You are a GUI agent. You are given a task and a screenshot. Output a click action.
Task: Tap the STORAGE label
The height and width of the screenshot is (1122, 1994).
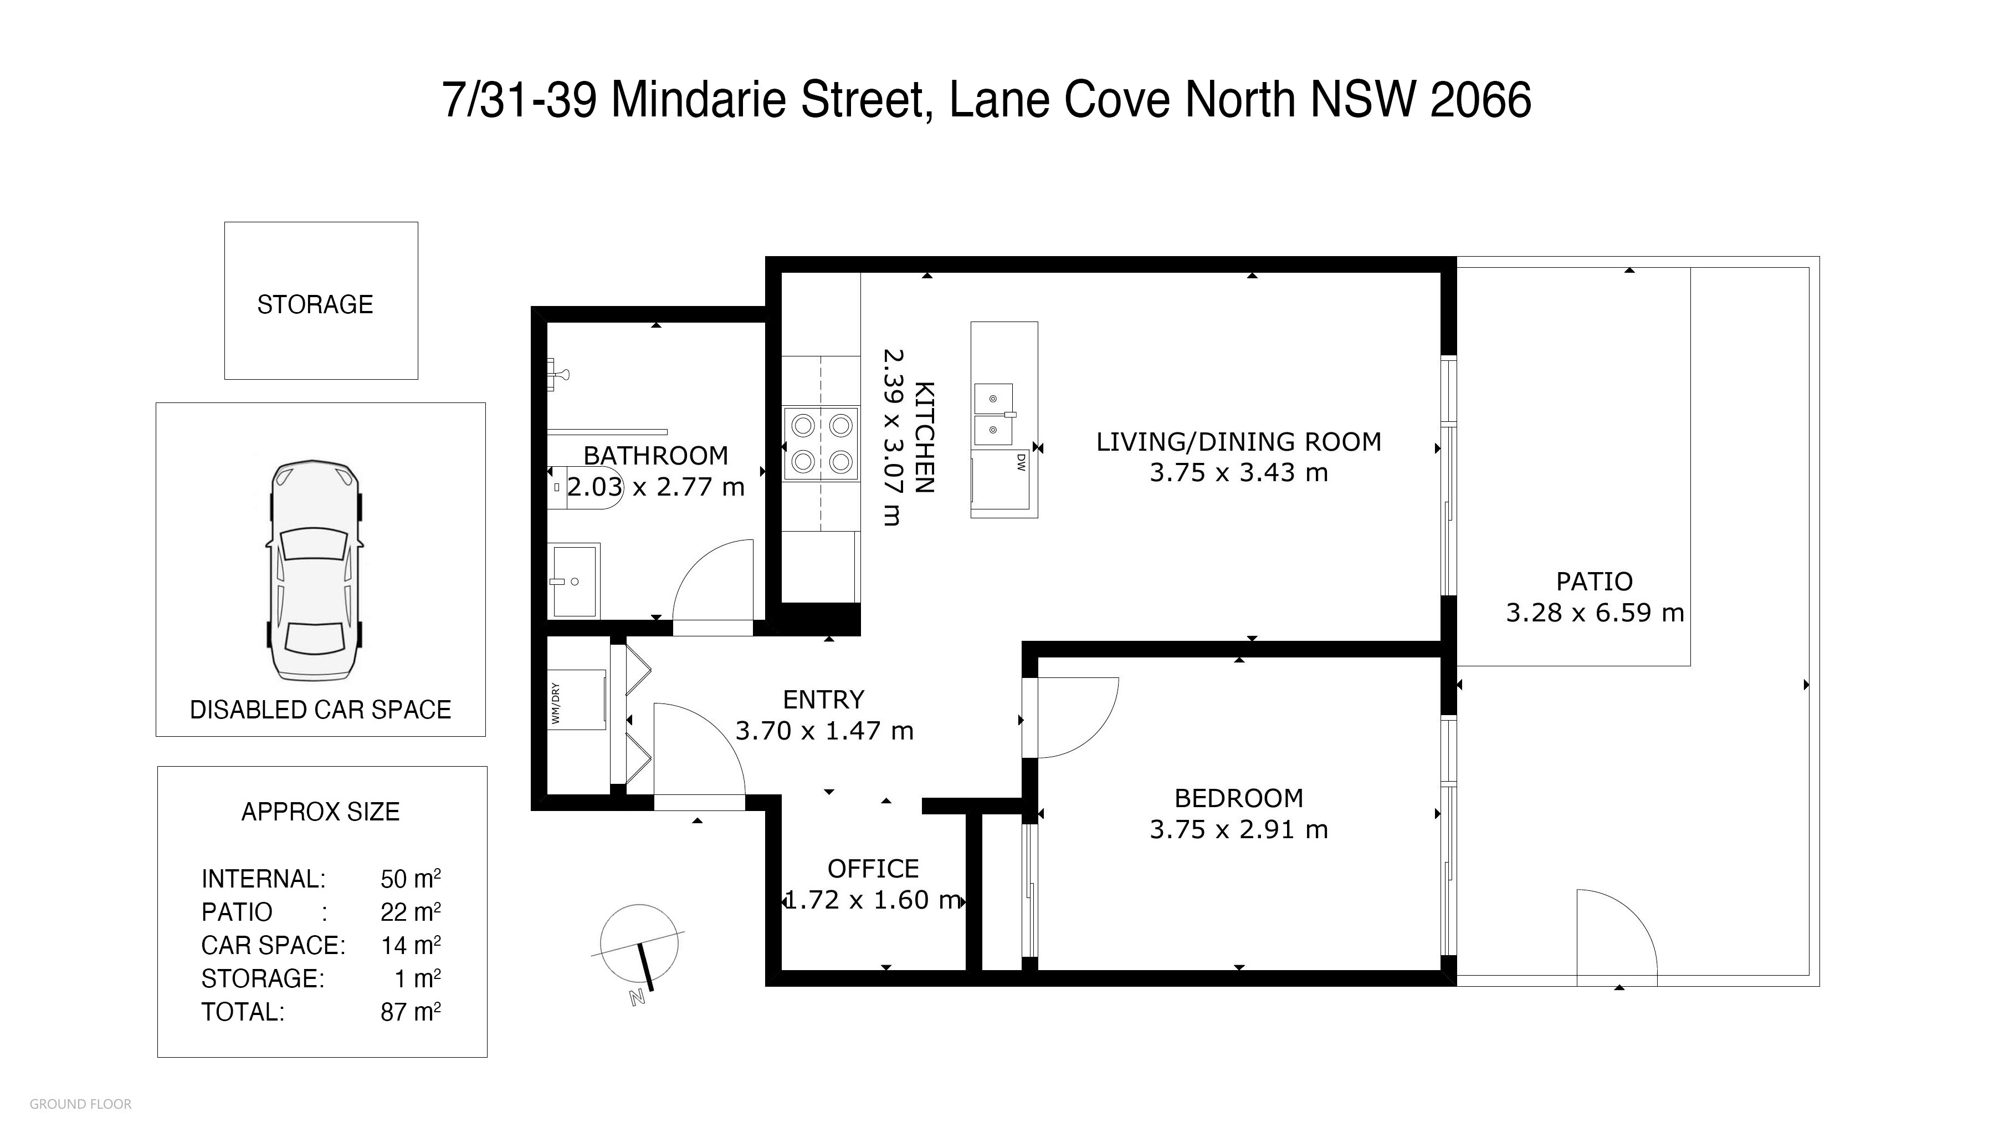click(315, 304)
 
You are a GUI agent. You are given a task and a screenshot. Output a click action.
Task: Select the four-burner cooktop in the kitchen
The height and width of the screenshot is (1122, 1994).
click(821, 443)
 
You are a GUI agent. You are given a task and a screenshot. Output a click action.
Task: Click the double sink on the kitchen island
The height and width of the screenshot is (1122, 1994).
click(995, 414)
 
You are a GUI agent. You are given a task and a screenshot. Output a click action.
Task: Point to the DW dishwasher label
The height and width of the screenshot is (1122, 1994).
click(1021, 463)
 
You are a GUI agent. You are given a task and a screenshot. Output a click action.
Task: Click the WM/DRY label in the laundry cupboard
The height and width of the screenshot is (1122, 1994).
click(555, 703)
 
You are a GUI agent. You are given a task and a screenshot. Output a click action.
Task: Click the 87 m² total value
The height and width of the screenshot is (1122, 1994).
click(410, 1011)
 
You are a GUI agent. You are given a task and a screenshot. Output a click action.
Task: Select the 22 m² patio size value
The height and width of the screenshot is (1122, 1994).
click(410, 911)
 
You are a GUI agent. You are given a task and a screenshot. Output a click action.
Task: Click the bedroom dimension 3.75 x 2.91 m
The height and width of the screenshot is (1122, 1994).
click(1238, 829)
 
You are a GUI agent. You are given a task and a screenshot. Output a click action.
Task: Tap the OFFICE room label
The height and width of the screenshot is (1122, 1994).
click(873, 869)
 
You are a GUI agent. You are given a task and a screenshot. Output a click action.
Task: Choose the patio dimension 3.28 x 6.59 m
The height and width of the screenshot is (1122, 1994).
click(1595, 613)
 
